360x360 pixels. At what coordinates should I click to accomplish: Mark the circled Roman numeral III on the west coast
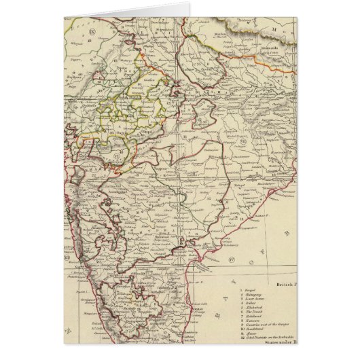tap(67, 257)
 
